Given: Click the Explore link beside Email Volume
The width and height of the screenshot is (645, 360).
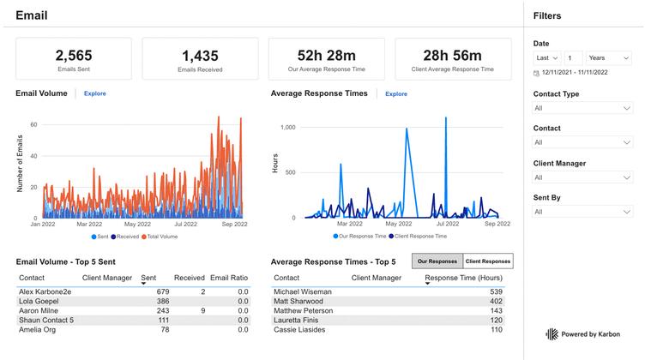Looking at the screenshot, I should tap(94, 93).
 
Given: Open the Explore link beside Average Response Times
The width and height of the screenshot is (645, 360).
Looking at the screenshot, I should tap(396, 93).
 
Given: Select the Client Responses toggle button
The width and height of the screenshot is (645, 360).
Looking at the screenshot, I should tap(488, 261).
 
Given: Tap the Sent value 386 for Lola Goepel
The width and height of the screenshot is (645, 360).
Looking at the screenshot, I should tap(162, 301).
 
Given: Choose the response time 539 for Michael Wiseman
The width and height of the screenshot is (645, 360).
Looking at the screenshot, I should tap(496, 291).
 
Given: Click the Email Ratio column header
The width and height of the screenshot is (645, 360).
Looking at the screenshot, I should tap(229, 278).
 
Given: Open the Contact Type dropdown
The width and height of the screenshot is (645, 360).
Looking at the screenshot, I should tap(582, 108).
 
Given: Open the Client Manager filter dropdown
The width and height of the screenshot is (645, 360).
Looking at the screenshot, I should tap(582, 177).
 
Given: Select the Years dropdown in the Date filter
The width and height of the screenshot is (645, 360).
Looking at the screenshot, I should tap(609, 57).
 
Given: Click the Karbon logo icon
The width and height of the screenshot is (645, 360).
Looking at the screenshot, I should tap(552, 333).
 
